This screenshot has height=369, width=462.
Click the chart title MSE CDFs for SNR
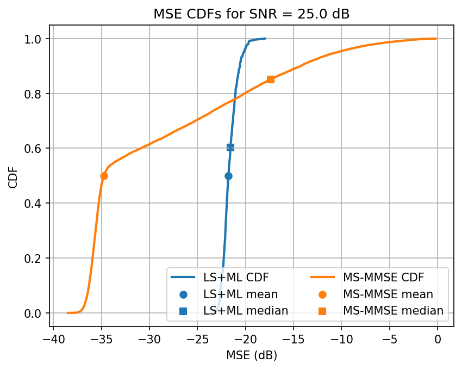coord(251,15)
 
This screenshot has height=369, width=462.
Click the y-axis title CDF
coord(13,176)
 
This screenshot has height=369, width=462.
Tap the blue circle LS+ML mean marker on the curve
coord(228,176)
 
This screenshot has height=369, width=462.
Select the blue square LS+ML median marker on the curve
coord(230,147)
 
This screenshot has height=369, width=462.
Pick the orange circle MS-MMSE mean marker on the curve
coord(104,176)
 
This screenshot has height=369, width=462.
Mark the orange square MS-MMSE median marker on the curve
coord(271,79)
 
